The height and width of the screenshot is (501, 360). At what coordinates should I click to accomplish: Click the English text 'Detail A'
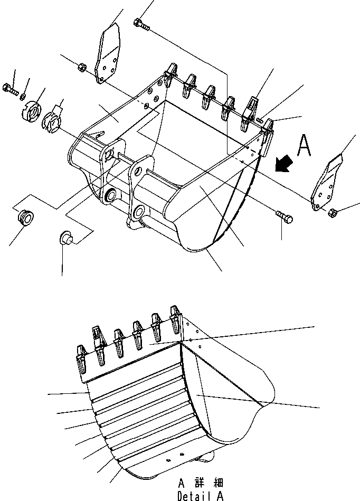coord(201,496)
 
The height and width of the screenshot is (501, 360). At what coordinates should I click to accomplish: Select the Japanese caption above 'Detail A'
coord(201,483)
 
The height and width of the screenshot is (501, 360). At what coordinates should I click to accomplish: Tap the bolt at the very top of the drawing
coord(140,23)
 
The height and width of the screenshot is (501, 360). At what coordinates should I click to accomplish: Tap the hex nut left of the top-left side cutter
coord(82,67)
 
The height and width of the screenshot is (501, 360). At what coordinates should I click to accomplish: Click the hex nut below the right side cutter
coord(333,212)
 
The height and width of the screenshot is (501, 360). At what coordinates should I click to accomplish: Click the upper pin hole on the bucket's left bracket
coord(109,154)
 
